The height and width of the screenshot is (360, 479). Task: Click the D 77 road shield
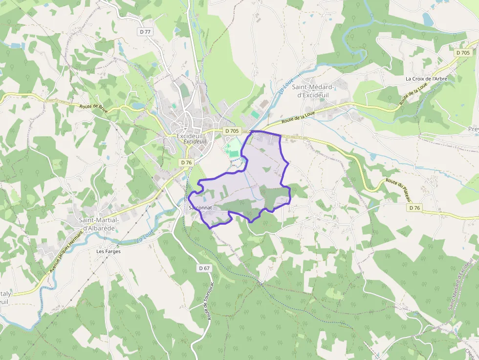[x=145, y=32]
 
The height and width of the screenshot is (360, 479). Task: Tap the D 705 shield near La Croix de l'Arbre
[x=462, y=53]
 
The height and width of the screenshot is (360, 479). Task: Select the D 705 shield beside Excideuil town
[x=232, y=131]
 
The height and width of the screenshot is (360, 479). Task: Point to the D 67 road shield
[x=204, y=268]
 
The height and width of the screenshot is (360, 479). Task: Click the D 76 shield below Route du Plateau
[x=414, y=208]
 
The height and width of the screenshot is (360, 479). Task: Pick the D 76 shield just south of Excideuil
[x=186, y=162]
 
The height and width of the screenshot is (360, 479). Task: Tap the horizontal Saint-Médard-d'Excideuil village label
[x=313, y=91]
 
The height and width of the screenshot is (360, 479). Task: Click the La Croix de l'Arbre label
[x=426, y=79]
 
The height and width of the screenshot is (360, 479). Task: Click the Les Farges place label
[x=108, y=252]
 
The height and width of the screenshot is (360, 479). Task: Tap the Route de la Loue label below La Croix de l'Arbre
[x=410, y=94]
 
